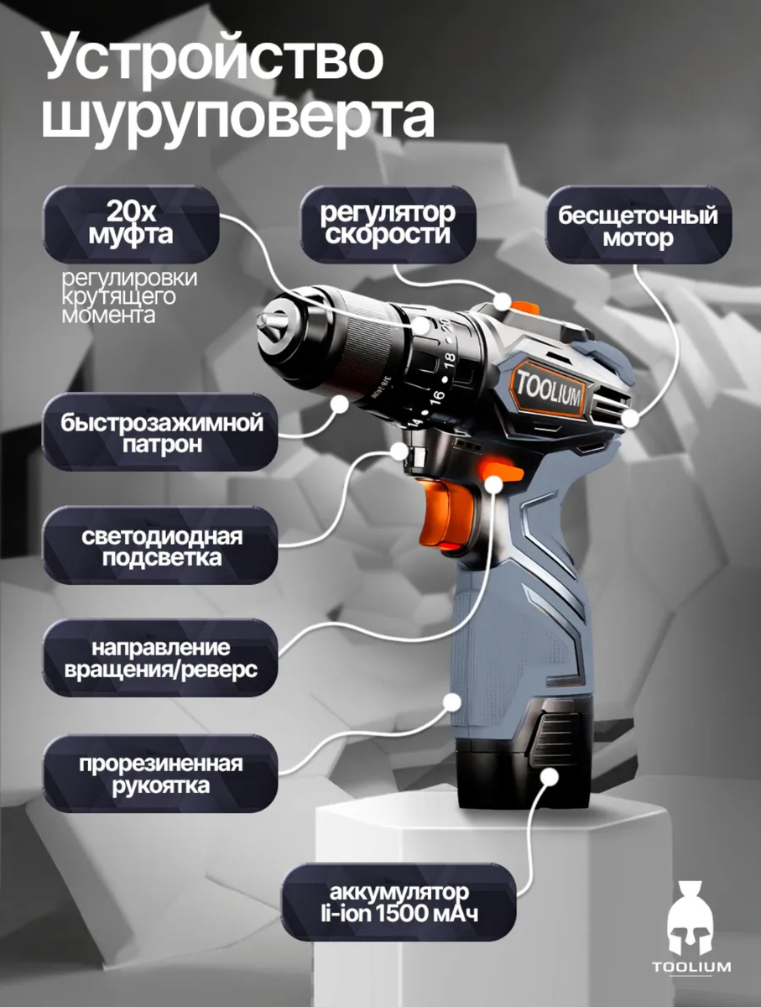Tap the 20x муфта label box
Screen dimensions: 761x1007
(131, 224)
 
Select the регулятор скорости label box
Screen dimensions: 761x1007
(388, 224)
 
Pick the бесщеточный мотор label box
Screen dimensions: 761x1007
(638, 224)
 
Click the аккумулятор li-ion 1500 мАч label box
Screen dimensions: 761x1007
(399, 902)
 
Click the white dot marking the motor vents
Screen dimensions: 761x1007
(632, 419)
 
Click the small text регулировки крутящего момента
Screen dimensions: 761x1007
(129, 296)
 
